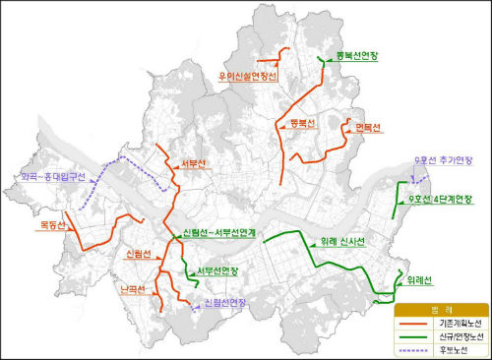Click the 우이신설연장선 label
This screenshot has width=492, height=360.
(x=250, y=77)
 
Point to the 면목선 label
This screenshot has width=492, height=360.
(x=368, y=128)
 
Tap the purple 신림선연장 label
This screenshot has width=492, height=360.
(x=223, y=302)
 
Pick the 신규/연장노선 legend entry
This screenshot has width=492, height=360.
(x=459, y=335)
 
